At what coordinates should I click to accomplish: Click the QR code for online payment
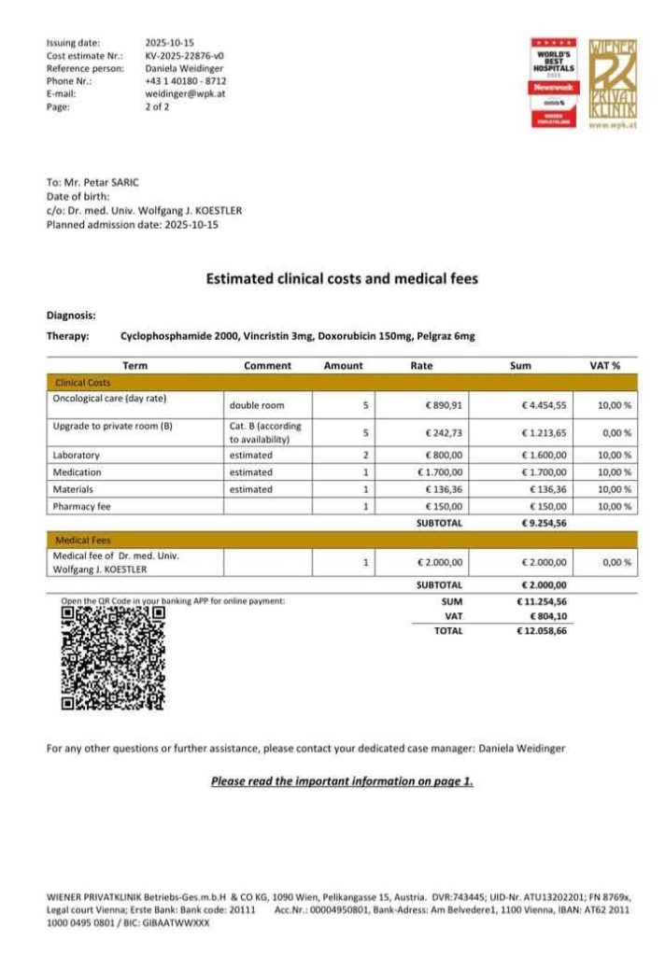[x=113, y=657]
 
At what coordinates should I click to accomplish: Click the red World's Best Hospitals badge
[x=555, y=82]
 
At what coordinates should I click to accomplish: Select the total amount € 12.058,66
[x=542, y=631]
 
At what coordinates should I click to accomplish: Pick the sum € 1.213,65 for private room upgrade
[x=544, y=433]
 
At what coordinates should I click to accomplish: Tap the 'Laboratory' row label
[x=77, y=455]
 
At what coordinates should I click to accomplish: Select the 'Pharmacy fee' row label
[x=82, y=506]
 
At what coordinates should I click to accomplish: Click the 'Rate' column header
[x=421, y=365]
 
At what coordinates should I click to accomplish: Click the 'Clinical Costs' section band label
[x=83, y=383]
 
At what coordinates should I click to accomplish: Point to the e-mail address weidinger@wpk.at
[x=186, y=94]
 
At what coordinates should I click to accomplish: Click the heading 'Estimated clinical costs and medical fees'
[x=342, y=278]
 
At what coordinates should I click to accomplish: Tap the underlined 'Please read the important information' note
[x=342, y=780]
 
